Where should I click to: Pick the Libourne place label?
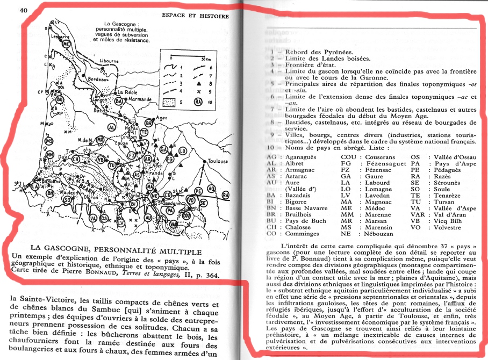[109, 61]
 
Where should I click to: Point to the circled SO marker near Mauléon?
[68, 200]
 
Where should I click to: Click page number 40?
[24, 10]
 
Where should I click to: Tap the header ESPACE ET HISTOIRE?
[195, 16]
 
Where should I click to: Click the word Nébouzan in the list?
[372, 234]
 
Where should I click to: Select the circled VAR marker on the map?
[171, 210]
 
